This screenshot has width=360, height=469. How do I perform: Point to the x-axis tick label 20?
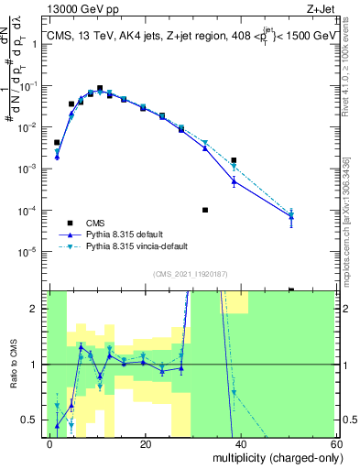click(146, 443)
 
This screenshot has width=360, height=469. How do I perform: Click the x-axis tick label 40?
click(241, 443)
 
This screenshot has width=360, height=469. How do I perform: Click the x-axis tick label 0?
click(50, 443)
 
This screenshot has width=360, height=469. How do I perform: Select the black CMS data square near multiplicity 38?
click(235, 160)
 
